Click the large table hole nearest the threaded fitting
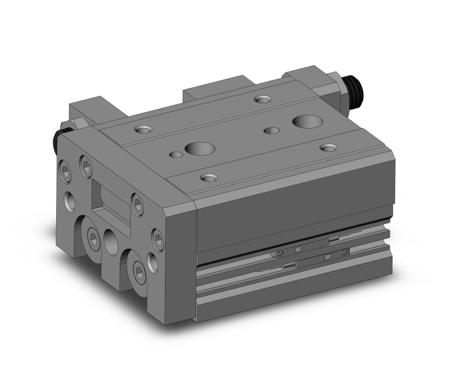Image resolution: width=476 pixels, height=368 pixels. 304,120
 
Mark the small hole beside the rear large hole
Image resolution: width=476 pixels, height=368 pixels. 271,130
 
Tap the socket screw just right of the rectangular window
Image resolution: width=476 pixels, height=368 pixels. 137,201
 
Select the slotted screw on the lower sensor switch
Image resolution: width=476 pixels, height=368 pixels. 343,251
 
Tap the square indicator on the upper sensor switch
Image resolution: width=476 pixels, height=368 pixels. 299,249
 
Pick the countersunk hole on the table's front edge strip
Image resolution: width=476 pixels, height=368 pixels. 207,177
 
